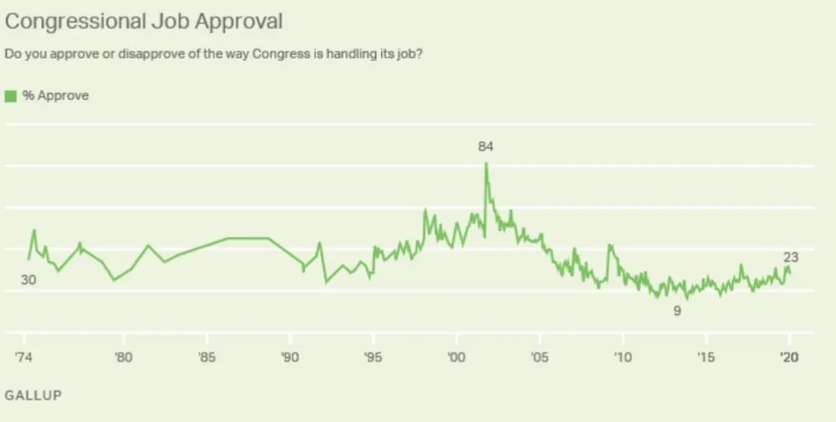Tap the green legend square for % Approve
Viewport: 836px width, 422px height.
point(11,96)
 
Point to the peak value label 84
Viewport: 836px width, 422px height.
point(486,147)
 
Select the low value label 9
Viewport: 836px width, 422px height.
point(677,311)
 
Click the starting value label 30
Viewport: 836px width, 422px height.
point(28,281)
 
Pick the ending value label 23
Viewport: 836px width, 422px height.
point(791,257)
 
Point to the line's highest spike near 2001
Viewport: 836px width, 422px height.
point(486,164)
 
